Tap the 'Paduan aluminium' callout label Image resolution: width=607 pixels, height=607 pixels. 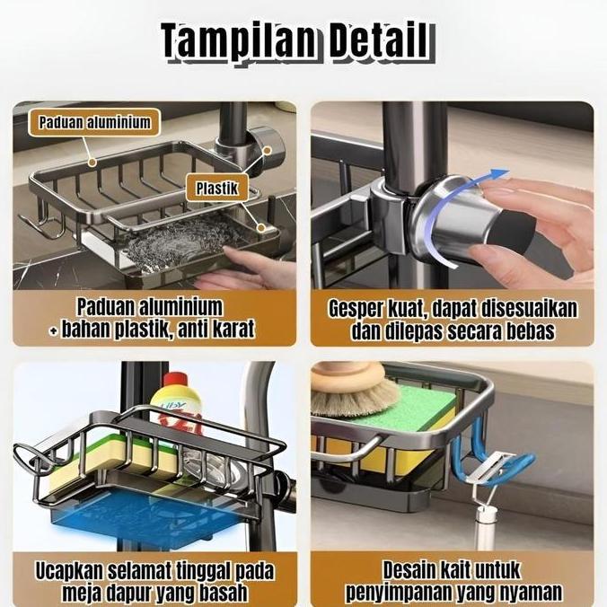(94, 122)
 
